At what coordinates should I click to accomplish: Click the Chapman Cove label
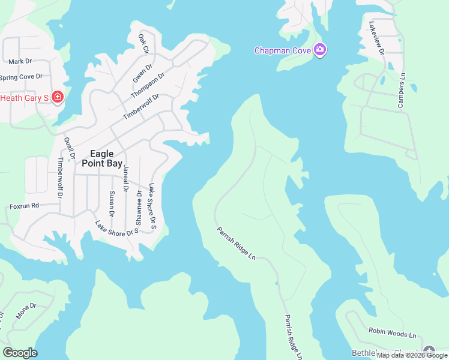(282, 50)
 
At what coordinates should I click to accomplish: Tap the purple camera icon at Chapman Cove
(320, 50)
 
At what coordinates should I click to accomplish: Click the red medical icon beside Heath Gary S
(58, 97)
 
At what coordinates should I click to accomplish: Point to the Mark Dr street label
(20, 61)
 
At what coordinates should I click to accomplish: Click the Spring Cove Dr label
(22, 77)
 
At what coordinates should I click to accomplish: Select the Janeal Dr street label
(126, 179)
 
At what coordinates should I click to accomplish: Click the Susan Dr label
(112, 203)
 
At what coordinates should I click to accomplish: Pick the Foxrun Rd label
(24, 206)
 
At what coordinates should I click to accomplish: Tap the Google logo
(20, 353)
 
